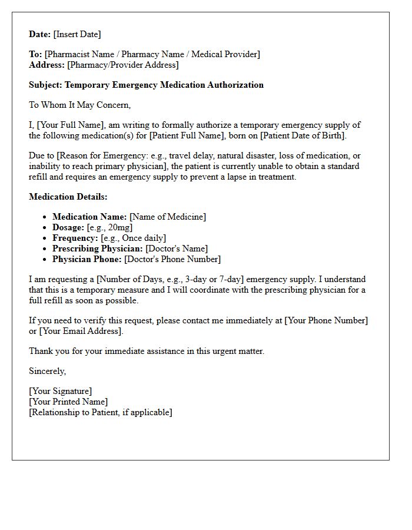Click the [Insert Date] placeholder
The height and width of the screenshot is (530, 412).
77,34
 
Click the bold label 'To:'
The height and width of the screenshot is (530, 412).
35,54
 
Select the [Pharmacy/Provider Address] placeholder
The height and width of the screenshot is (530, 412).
123,65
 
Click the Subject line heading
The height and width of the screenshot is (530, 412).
146,85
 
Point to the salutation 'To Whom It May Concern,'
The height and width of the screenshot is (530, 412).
79,105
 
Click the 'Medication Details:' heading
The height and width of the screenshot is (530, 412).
68,197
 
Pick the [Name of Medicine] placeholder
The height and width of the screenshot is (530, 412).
168,217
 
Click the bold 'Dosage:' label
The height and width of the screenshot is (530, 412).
68,227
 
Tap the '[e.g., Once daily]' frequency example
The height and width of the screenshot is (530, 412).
134,238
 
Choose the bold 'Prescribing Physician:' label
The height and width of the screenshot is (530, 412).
98,249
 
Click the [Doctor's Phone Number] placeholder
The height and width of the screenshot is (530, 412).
172,259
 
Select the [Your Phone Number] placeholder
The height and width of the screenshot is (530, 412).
326,320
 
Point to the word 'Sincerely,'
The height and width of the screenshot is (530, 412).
48,371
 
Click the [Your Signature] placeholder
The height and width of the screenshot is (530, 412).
60,391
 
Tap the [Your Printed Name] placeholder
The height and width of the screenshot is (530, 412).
68,402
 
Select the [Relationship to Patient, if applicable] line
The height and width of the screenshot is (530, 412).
101,412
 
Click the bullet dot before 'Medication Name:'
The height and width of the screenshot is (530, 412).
45,217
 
